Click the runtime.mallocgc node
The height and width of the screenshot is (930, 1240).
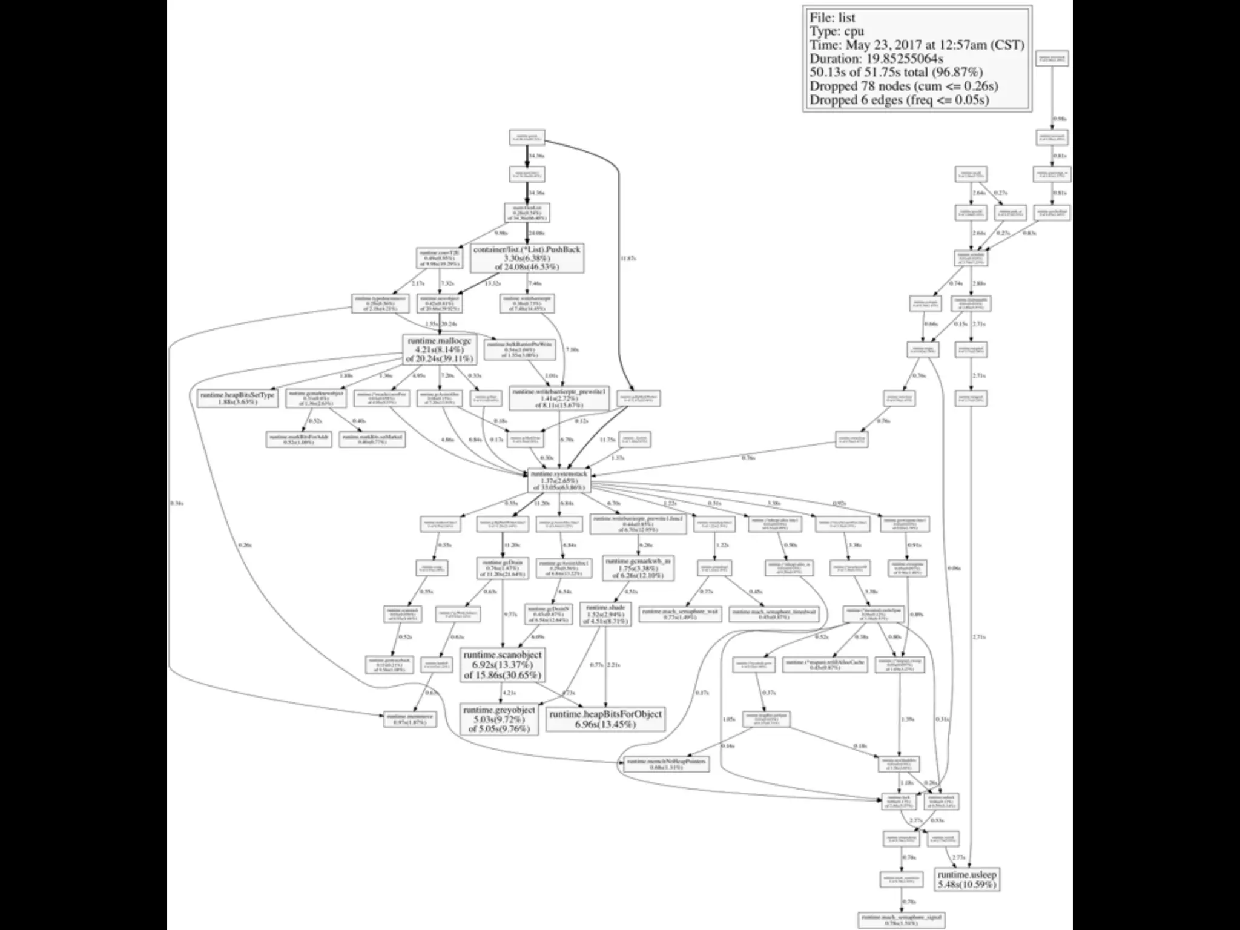click(438, 350)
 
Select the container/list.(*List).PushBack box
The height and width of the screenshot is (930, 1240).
click(527, 259)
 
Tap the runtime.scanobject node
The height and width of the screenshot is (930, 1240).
click(502, 665)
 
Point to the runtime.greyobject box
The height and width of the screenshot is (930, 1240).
click(499, 719)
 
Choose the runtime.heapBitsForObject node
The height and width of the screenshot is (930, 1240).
click(605, 719)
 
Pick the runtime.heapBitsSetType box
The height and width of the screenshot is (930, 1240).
click(237, 398)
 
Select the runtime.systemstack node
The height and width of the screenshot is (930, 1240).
click(558, 480)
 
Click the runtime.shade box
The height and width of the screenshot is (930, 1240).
click(605, 614)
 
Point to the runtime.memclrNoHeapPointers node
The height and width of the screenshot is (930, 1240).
click(666, 764)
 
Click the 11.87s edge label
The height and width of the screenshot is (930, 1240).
click(628, 259)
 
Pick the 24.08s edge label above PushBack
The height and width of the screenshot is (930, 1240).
click(536, 233)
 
